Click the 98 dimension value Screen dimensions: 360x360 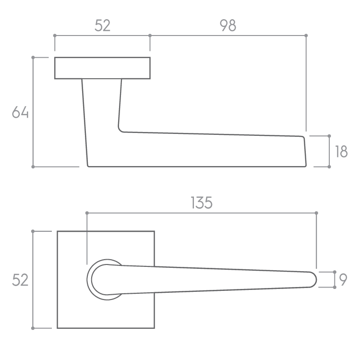[228, 25]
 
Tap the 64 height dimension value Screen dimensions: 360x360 [20, 112]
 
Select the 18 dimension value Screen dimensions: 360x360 [341, 152]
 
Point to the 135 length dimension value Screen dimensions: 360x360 [202, 203]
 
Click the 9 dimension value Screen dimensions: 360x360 [343, 279]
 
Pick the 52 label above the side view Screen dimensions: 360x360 [102, 25]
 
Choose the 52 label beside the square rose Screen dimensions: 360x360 [20, 280]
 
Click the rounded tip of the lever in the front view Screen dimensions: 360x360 [316, 279]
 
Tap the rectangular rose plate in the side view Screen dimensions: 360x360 [102, 68]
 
